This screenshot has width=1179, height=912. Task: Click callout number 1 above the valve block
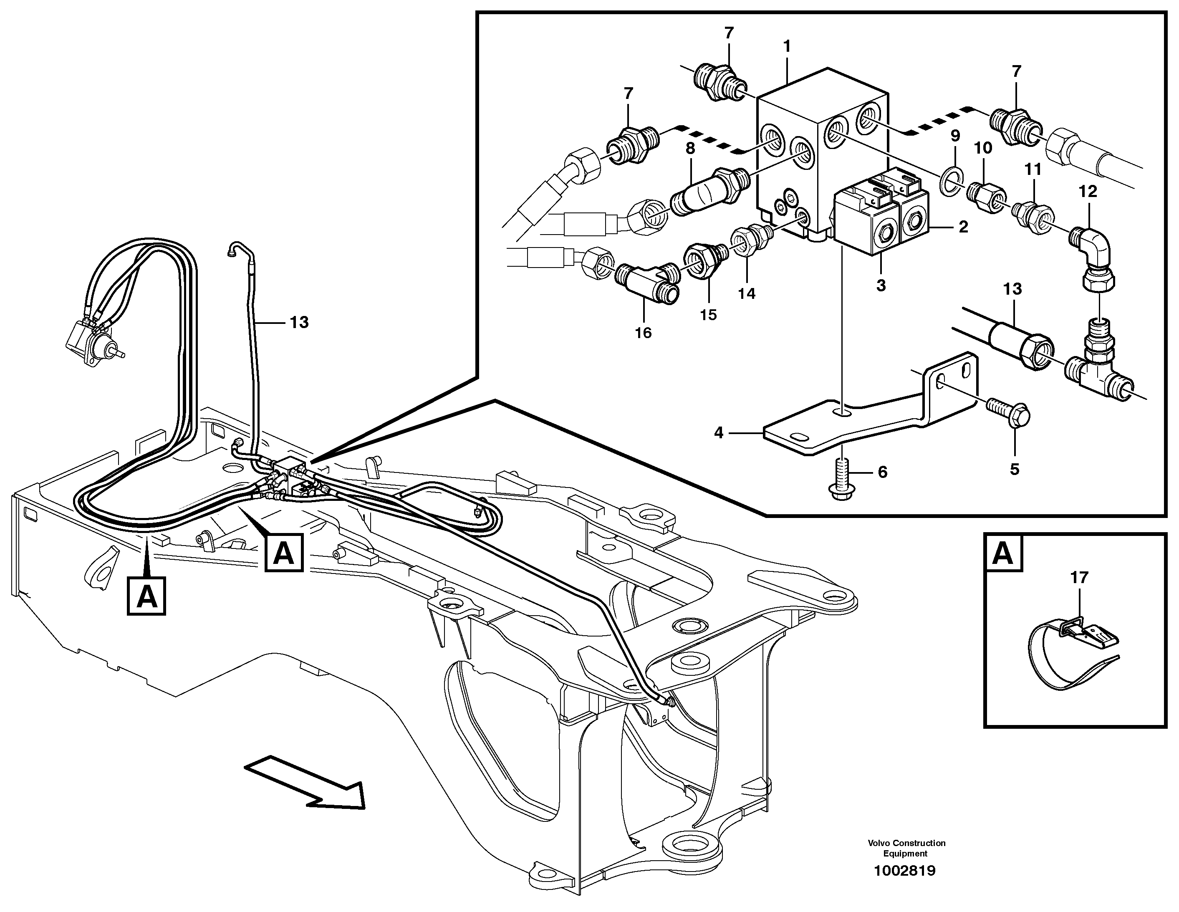[787, 46]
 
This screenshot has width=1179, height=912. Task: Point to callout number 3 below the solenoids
[881, 285]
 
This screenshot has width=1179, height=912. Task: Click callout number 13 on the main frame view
[299, 322]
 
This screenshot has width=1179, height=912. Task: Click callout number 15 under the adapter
[708, 314]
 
